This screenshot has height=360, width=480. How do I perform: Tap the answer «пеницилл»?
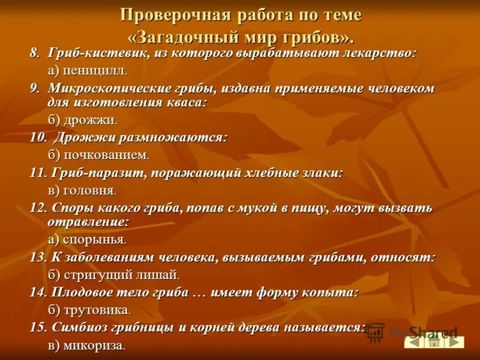pos(94,70)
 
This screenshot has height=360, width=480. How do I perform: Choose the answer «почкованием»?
pos(104,155)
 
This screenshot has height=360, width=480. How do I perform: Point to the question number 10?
pos(38,137)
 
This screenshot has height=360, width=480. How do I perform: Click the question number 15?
pos(38,328)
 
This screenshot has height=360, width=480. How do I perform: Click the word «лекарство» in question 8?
pos(384,53)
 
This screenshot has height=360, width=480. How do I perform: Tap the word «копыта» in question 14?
pos(332,292)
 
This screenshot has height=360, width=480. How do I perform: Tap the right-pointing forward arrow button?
pos(454,342)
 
